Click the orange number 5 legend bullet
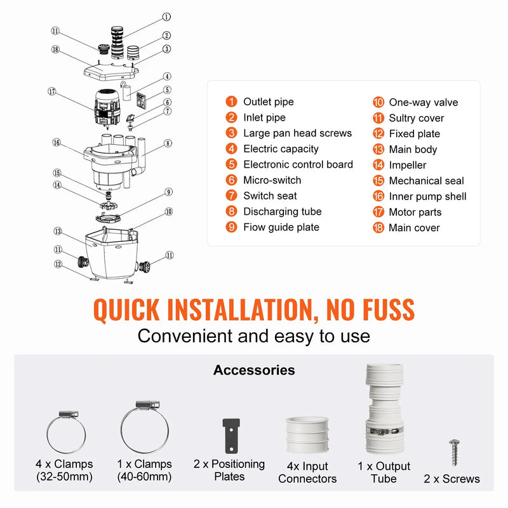point(231,164)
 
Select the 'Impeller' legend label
point(408,165)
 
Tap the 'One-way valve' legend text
point(424,102)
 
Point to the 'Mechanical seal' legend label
point(426,181)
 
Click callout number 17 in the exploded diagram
point(52,91)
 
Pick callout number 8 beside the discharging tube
point(168,144)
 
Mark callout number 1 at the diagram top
point(166,17)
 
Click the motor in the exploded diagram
point(107,108)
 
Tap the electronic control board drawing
point(141,100)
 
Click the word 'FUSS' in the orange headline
point(389,310)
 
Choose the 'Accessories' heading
point(254,370)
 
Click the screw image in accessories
point(455,452)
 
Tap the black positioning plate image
point(231,436)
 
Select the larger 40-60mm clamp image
point(145,427)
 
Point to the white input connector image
point(307,435)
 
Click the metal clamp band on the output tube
point(385,431)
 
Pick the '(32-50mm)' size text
point(65,477)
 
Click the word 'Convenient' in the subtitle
point(185,336)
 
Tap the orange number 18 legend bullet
point(378,227)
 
